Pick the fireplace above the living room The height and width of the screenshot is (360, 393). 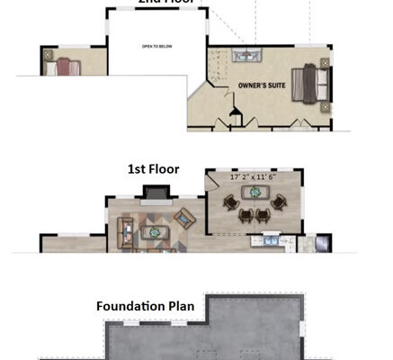155,192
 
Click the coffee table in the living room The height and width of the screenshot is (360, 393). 155,230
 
